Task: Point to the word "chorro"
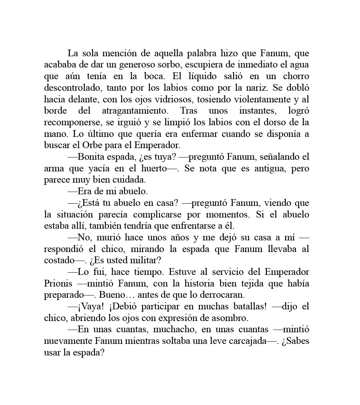(x=296, y=76)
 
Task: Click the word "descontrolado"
(x=71, y=88)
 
